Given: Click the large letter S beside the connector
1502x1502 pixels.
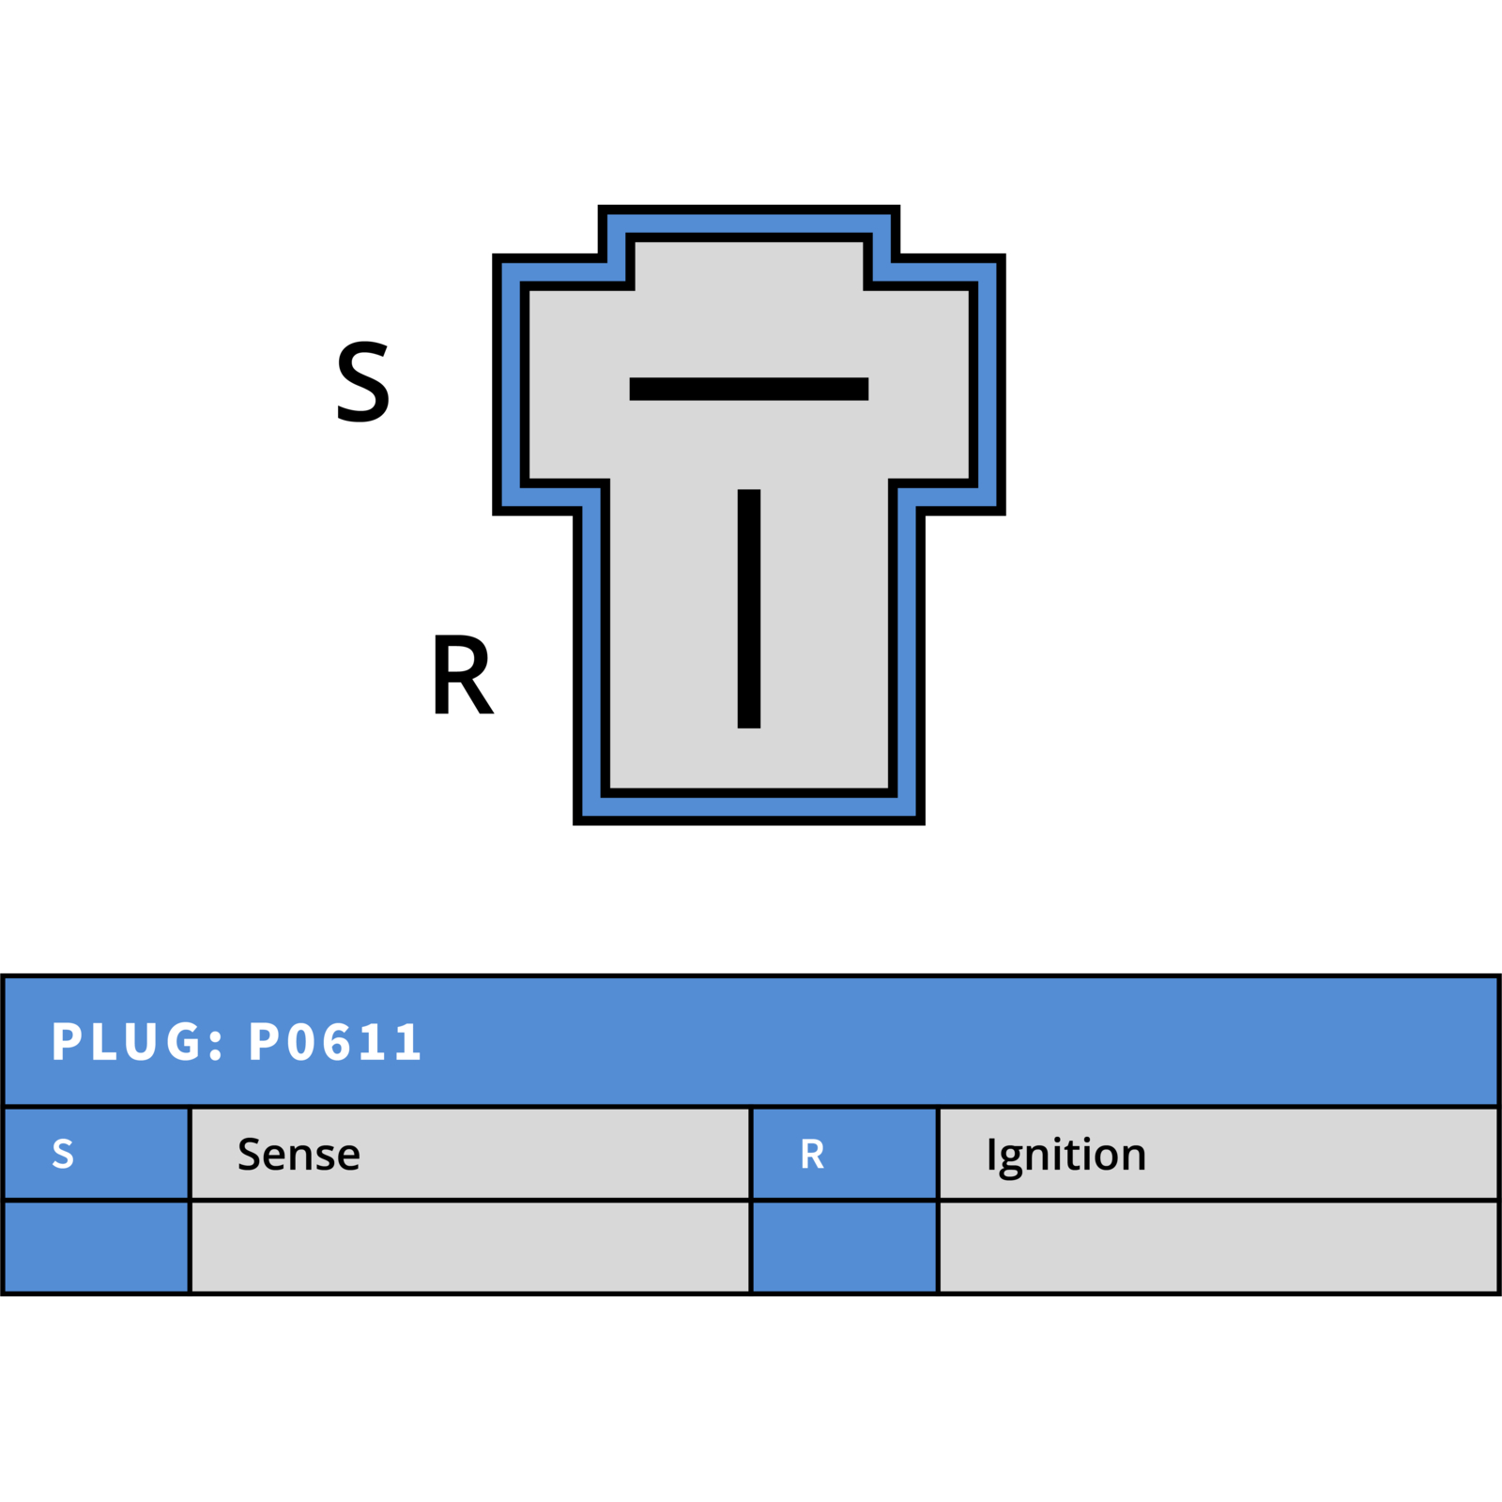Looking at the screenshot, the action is coord(363,381).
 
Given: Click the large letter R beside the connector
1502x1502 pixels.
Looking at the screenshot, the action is coord(462,674).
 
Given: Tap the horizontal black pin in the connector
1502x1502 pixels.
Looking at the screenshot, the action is coord(749,389).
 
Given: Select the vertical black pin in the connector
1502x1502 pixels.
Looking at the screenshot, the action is coord(749,608).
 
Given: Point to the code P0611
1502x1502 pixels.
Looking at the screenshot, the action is coord(335,1042).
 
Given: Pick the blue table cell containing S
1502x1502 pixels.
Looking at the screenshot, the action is coord(97,1154).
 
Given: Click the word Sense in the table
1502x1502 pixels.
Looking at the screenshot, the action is coord(299,1155).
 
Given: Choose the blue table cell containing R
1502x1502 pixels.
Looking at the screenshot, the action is coord(845,1154).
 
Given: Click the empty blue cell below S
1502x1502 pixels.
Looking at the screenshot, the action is coord(97,1247).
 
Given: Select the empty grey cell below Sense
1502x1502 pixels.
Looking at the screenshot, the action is coord(470,1247).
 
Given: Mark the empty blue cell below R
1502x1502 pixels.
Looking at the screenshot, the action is coord(845,1247).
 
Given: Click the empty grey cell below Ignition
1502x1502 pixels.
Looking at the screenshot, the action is coord(1218,1247).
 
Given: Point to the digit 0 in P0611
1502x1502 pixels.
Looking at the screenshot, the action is coord(301,1042).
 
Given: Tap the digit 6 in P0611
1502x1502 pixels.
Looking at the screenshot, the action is coord(339,1042).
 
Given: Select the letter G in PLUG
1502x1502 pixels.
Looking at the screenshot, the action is coord(184,1042).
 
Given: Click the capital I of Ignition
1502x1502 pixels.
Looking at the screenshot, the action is coord(990,1155).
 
